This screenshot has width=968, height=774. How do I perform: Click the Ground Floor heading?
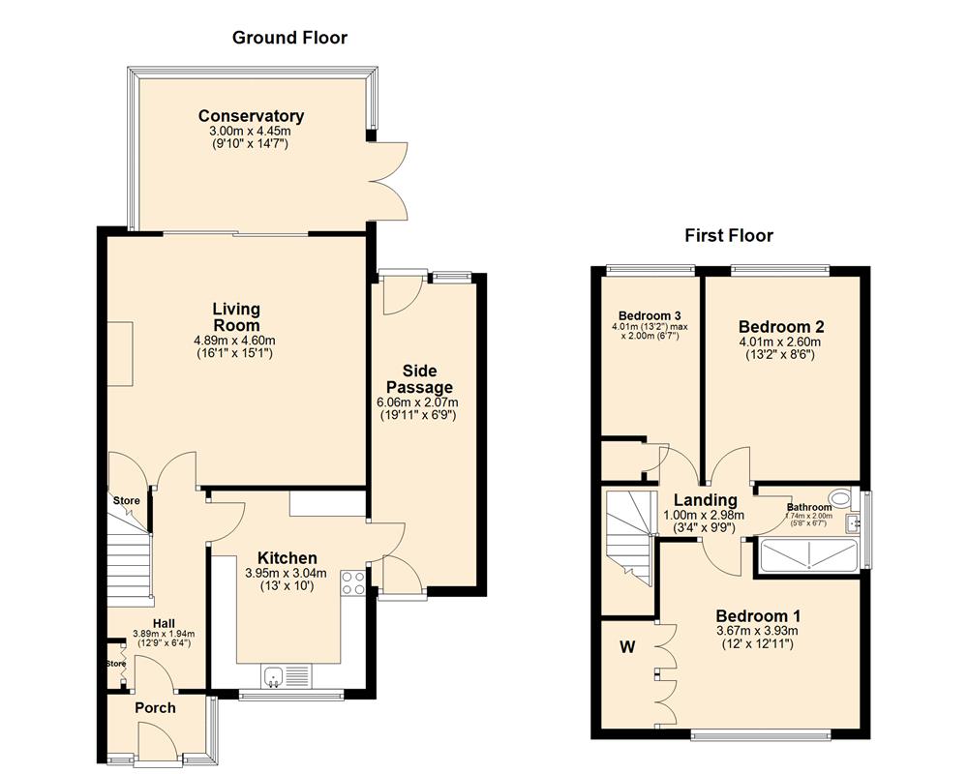[x=289, y=38]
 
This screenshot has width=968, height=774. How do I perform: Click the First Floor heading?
[x=729, y=235]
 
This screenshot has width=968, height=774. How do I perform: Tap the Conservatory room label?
[x=251, y=116]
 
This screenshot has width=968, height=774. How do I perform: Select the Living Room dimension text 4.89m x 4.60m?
[x=235, y=341]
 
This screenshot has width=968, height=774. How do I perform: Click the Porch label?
[x=155, y=708]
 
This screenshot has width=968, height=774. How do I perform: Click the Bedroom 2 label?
[x=780, y=326]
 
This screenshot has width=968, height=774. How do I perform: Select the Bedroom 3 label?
[x=649, y=315]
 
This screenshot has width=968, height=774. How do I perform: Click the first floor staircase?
[x=631, y=538]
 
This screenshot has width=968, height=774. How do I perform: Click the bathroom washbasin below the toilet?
[x=853, y=523]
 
